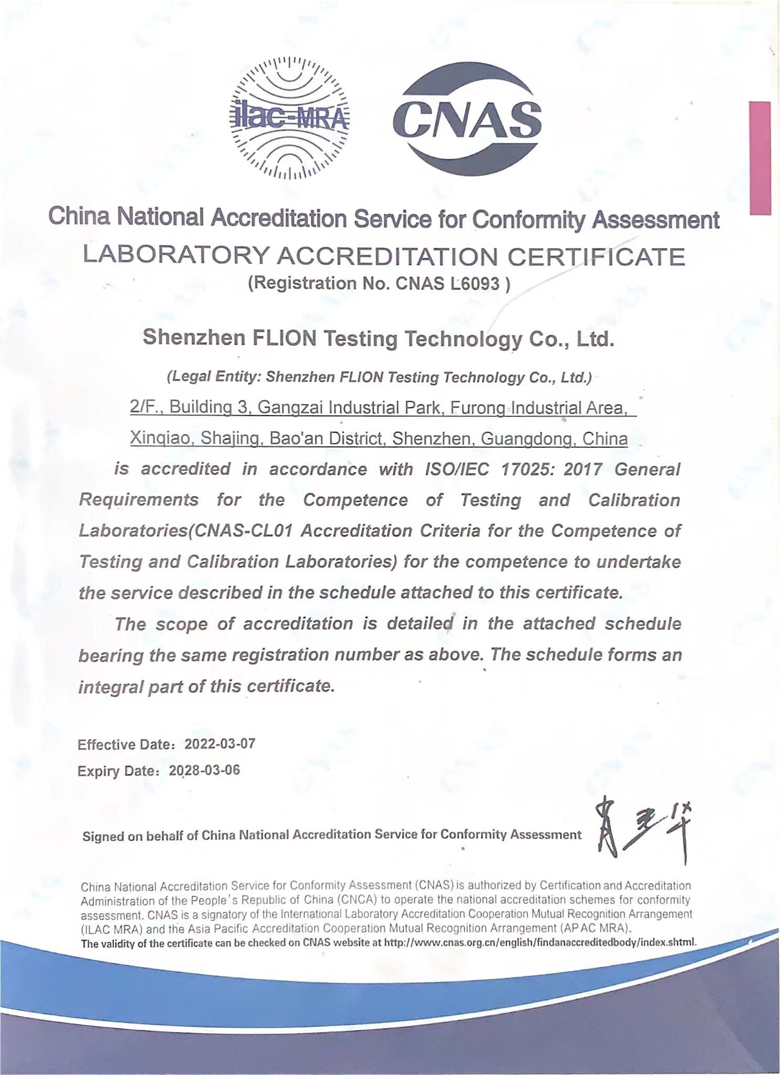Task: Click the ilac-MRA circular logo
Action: pos(290,118)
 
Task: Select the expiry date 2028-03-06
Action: pos(204,770)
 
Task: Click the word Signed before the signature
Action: pos(104,836)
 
